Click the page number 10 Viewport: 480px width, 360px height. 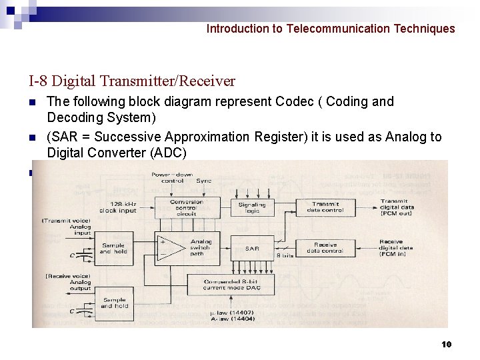(446, 344)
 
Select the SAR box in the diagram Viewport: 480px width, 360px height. (252, 249)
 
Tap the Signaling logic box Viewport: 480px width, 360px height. (252, 208)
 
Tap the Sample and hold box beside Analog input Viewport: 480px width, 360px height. (113, 249)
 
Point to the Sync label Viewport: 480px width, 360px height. (204, 181)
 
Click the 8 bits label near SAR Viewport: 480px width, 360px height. (285, 255)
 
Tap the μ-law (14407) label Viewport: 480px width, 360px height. (227, 313)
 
